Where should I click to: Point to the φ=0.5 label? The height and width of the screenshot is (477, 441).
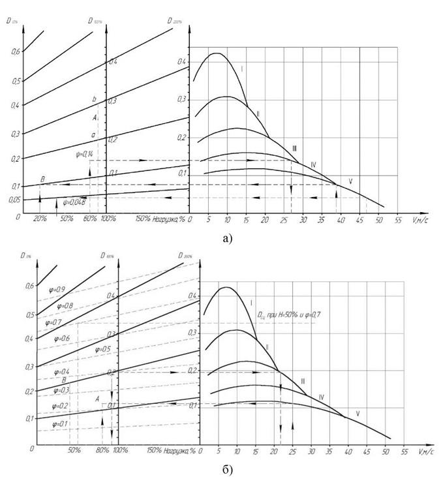pos(104,350)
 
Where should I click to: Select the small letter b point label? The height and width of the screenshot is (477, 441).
pos(95,100)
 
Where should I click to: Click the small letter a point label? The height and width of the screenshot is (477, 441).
pos(94,134)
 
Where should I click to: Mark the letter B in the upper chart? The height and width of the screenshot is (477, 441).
pos(42,179)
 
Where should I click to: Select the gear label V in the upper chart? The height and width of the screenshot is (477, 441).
pos(350,181)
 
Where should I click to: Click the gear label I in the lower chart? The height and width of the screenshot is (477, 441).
pos(251,303)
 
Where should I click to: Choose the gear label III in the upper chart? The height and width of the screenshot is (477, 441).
pos(295,148)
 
